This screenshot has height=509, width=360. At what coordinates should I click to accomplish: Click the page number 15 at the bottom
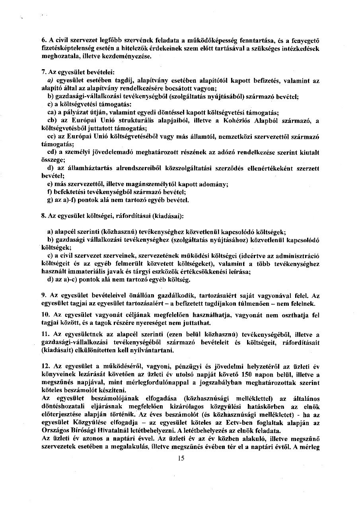click(x=181, y=469)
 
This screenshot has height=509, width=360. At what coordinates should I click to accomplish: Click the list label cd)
click(x=52, y=152)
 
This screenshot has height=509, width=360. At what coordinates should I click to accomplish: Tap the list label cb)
click(x=52, y=120)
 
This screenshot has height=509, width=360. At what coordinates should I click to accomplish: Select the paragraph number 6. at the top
click(x=44, y=40)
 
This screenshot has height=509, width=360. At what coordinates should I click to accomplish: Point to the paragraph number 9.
click(x=44, y=295)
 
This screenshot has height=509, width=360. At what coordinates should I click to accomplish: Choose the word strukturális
click(x=136, y=120)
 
